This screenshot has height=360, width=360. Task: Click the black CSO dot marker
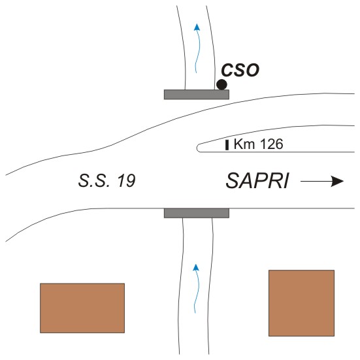point(221,84)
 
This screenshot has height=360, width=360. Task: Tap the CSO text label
point(240,70)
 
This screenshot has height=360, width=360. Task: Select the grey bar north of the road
point(197,94)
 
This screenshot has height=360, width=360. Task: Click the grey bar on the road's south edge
point(197,213)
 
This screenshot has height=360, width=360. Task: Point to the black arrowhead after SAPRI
point(337,182)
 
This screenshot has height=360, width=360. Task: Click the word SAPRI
point(257,181)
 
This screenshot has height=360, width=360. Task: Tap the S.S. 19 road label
point(107,181)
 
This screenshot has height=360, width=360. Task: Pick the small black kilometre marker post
point(227,145)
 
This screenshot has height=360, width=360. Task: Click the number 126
point(272,144)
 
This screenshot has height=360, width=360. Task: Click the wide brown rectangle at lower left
point(82,308)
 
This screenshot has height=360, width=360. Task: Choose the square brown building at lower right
point(301,303)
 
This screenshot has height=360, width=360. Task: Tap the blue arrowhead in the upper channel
point(197,27)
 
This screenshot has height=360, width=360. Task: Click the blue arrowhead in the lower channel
point(195,267)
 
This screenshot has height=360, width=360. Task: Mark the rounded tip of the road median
point(197,148)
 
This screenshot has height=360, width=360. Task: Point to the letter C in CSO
point(227,70)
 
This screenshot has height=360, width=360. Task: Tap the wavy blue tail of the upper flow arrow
point(197,52)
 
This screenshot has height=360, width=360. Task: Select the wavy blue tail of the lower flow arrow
point(196,292)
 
